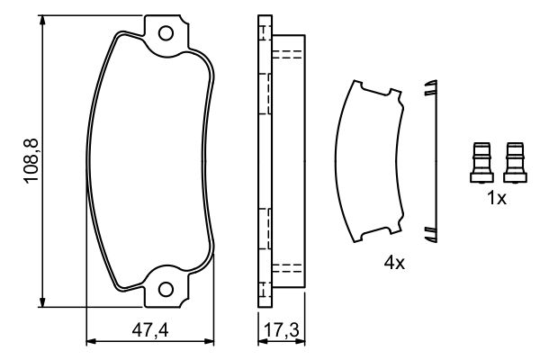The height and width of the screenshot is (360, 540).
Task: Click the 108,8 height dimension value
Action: tap(31, 161)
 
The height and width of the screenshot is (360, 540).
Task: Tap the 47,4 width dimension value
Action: tap(150, 331)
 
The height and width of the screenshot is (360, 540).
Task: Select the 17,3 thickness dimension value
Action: tap(282, 331)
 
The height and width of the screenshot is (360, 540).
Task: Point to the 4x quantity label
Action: tap(395, 264)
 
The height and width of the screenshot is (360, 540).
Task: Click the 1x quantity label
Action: tap(497, 198)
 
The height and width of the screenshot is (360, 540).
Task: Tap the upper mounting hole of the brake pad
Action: tap(166, 33)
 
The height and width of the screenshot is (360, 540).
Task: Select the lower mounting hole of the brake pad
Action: tap(166, 290)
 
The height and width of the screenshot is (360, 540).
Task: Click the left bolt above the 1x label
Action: tap(481, 162)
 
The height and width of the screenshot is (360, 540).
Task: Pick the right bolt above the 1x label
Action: tap(515, 162)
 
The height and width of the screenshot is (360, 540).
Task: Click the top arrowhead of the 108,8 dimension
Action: tap(42, 20)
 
